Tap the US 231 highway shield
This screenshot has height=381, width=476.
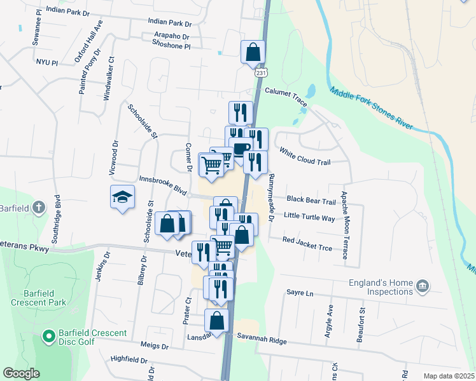261,74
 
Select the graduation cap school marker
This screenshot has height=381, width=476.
122,197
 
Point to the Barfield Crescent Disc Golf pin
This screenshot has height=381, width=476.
48,334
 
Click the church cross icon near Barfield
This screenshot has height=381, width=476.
38,208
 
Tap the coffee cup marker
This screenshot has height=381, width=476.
241,149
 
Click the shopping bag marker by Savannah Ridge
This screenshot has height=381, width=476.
217,320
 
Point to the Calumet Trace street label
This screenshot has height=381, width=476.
286,94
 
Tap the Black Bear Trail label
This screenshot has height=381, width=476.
311,201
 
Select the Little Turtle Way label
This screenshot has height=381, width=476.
309,217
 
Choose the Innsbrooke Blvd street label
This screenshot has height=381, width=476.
162,185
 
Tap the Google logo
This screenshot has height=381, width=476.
21,373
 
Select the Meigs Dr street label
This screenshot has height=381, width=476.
156,347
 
